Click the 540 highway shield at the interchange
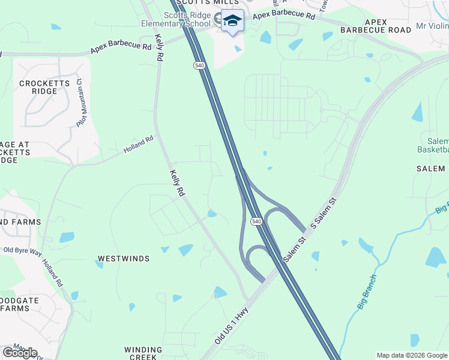257,221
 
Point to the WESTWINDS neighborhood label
123,259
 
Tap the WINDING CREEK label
143,353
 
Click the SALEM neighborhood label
430,169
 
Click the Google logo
20,353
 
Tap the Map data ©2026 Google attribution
412,355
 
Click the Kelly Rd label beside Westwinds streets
177,184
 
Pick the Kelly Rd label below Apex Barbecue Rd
160,47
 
